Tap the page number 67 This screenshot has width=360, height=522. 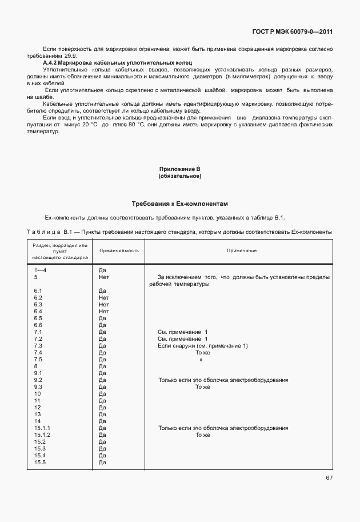(329, 477)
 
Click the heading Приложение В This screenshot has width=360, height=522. (179, 169)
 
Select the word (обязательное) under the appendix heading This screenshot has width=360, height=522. (179, 176)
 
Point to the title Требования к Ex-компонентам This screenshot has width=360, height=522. (179, 204)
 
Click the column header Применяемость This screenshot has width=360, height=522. (119, 250)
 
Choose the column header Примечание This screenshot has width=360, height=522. (242, 250)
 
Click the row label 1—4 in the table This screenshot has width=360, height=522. (41, 270)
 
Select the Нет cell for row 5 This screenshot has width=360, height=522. (103, 277)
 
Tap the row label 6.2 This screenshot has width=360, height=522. (39, 298)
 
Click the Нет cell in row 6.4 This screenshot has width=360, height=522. (103, 312)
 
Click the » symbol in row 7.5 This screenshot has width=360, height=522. (201, 360)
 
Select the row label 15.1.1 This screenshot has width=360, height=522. (43, 428)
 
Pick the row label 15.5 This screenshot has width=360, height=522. (40, 463)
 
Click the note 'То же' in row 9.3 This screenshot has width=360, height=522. (203, 387)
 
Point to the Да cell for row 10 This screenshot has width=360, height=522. (103, 394)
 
